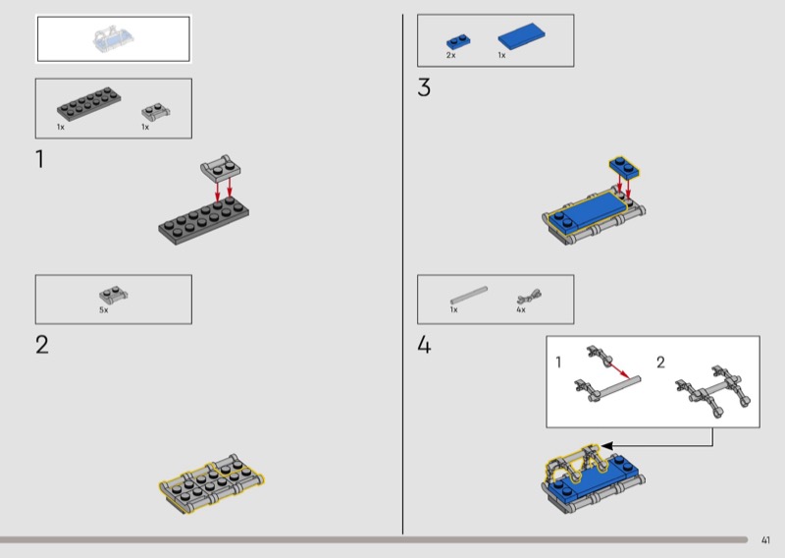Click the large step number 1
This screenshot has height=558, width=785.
39,159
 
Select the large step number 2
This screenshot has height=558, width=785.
42,345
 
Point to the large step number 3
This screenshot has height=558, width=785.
424,87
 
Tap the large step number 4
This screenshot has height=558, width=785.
424,345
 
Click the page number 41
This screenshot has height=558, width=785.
765,540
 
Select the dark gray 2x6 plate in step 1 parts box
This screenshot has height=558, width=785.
88,104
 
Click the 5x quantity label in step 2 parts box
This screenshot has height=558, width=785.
104,310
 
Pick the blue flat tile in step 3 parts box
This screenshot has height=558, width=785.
522,36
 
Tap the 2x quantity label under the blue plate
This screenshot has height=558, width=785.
451,55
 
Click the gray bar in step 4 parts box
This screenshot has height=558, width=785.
469,295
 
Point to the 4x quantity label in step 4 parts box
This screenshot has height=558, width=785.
521,309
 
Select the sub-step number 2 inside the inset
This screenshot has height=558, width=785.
660,362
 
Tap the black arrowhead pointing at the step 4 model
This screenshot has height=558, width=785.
606,446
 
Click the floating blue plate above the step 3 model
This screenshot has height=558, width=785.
624,167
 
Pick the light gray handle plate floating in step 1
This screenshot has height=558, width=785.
220,168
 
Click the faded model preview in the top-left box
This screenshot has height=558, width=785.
113,38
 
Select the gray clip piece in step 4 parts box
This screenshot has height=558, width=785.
529,297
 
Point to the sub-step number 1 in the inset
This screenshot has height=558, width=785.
558,362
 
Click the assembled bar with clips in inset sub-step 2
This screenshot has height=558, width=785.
712,391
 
